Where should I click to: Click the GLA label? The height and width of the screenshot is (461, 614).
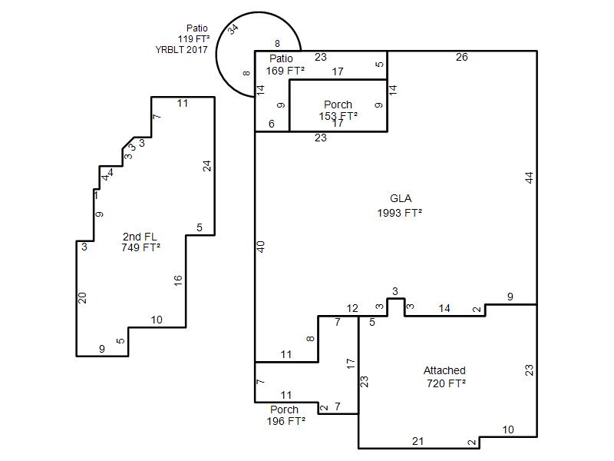(401, 198)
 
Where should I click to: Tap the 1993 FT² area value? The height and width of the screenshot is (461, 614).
(399, 213)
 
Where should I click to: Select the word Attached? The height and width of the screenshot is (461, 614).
(444, 370)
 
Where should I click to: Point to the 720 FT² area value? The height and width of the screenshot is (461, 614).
(446, 383)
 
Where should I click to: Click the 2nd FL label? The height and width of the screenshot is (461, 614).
(140, 237)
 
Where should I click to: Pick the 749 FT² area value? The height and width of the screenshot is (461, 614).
(141, 247)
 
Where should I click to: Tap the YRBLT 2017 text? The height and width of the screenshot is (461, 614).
(181, 50)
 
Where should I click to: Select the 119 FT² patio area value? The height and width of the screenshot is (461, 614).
(193, 39)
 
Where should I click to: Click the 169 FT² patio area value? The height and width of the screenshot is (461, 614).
(285, 71)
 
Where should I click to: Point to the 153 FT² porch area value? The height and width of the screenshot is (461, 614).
(338, 116)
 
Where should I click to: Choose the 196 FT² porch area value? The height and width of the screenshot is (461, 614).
(286, 421)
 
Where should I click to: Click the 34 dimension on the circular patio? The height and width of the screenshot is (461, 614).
(233, 29)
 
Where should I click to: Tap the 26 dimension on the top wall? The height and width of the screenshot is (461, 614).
(462, 57)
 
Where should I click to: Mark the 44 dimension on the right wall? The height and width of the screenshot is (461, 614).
(529, 177)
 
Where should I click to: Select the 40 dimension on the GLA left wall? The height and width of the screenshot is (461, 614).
(261, 247)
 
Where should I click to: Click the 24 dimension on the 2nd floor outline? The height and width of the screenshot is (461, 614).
(206, 166)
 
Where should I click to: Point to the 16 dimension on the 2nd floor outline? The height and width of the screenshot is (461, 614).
(178, 280)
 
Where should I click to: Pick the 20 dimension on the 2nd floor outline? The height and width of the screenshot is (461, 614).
(82, 298)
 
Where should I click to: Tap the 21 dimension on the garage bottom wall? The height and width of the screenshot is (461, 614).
(418, 441)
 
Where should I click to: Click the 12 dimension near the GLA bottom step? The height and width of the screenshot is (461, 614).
(352, 309)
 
